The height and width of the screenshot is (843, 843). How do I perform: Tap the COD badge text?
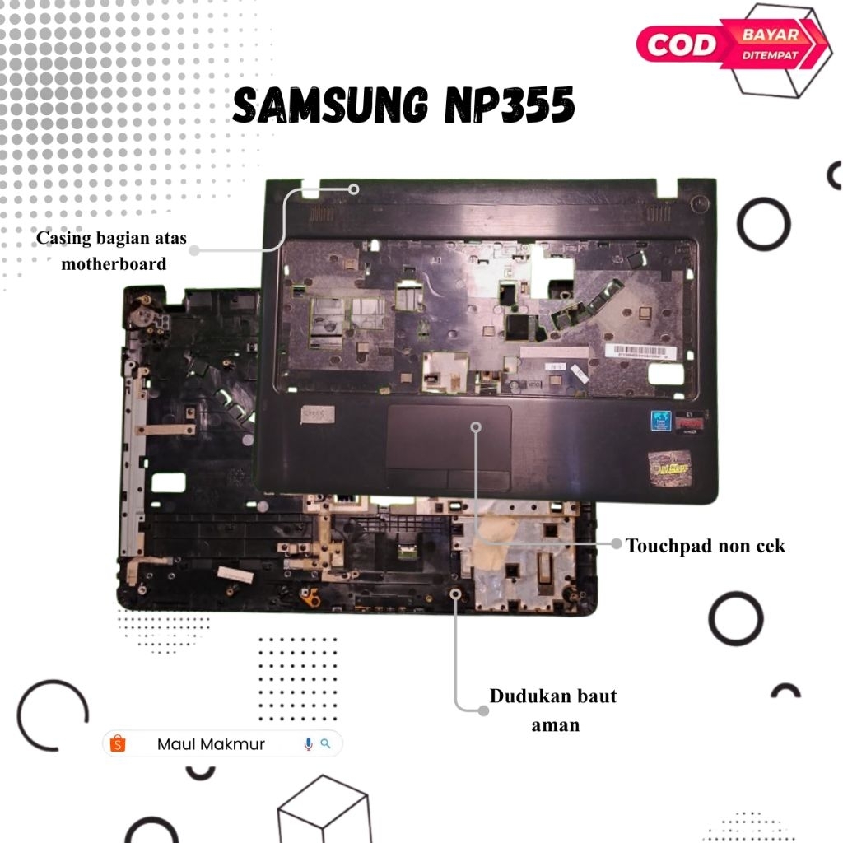click(x=681, y=43)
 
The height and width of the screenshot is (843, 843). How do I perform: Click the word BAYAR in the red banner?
click(x=770, y=35)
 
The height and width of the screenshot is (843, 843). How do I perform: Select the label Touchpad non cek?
click(x=706, y=545)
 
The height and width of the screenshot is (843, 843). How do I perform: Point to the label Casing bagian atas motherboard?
click(x=112, y=250)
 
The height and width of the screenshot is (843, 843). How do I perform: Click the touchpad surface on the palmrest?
click(x=449, y=436)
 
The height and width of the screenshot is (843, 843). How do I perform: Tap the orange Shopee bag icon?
click(x=118, y=744)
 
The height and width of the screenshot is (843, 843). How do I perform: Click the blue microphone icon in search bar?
click(x=308, y=744)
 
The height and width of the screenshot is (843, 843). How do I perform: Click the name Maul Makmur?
click(x=211, y=744)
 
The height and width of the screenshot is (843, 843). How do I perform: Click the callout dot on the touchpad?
click(x=476, y=426)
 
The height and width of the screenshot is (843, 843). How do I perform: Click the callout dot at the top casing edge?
click(x=354, y=189)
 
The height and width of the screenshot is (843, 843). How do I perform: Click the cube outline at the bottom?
click(x=323, y=812)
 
